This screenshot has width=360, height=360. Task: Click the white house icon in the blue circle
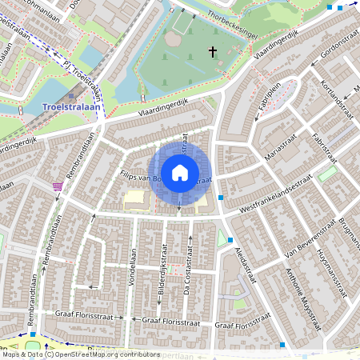(180, 173)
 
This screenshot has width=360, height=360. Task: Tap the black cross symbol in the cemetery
(213, 52)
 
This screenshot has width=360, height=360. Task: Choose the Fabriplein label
(270, 97)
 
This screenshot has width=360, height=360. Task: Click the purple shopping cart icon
(57, 186)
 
